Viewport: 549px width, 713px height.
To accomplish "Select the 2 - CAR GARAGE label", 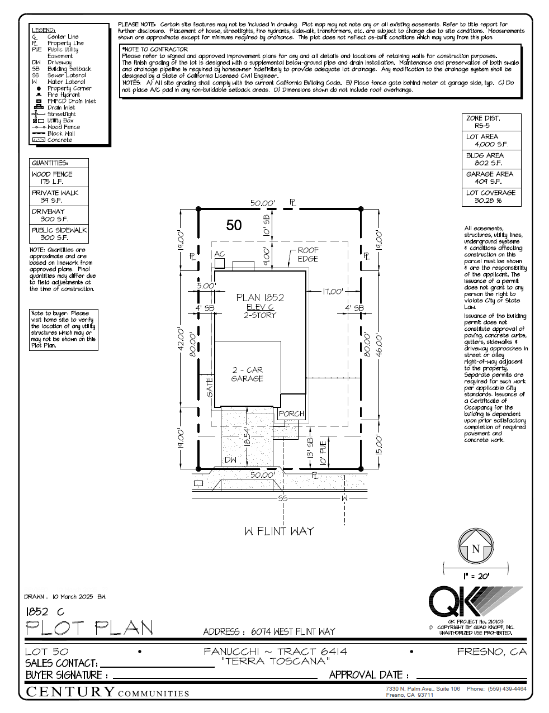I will coord(247,374).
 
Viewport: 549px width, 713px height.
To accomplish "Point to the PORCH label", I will coord(291,414).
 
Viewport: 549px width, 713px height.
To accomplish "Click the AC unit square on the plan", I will coord(220,263).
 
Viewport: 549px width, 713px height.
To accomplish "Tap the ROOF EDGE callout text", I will coord(307,255).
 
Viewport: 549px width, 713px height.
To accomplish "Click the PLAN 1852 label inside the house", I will coord(260,298).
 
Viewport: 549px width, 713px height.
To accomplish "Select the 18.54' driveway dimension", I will coord(246,436).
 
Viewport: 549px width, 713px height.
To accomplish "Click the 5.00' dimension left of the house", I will coord(206,286).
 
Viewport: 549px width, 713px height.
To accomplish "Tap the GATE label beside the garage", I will coord(210,387).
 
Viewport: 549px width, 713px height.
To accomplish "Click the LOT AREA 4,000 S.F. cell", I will coord(491,140).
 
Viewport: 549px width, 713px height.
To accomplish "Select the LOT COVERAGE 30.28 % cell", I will coord(491,197).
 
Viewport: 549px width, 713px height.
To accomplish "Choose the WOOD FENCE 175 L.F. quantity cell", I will coord(59,178).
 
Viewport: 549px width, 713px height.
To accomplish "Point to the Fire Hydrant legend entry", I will coord(63,95).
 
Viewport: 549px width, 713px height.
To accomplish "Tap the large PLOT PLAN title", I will coord(89,628).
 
